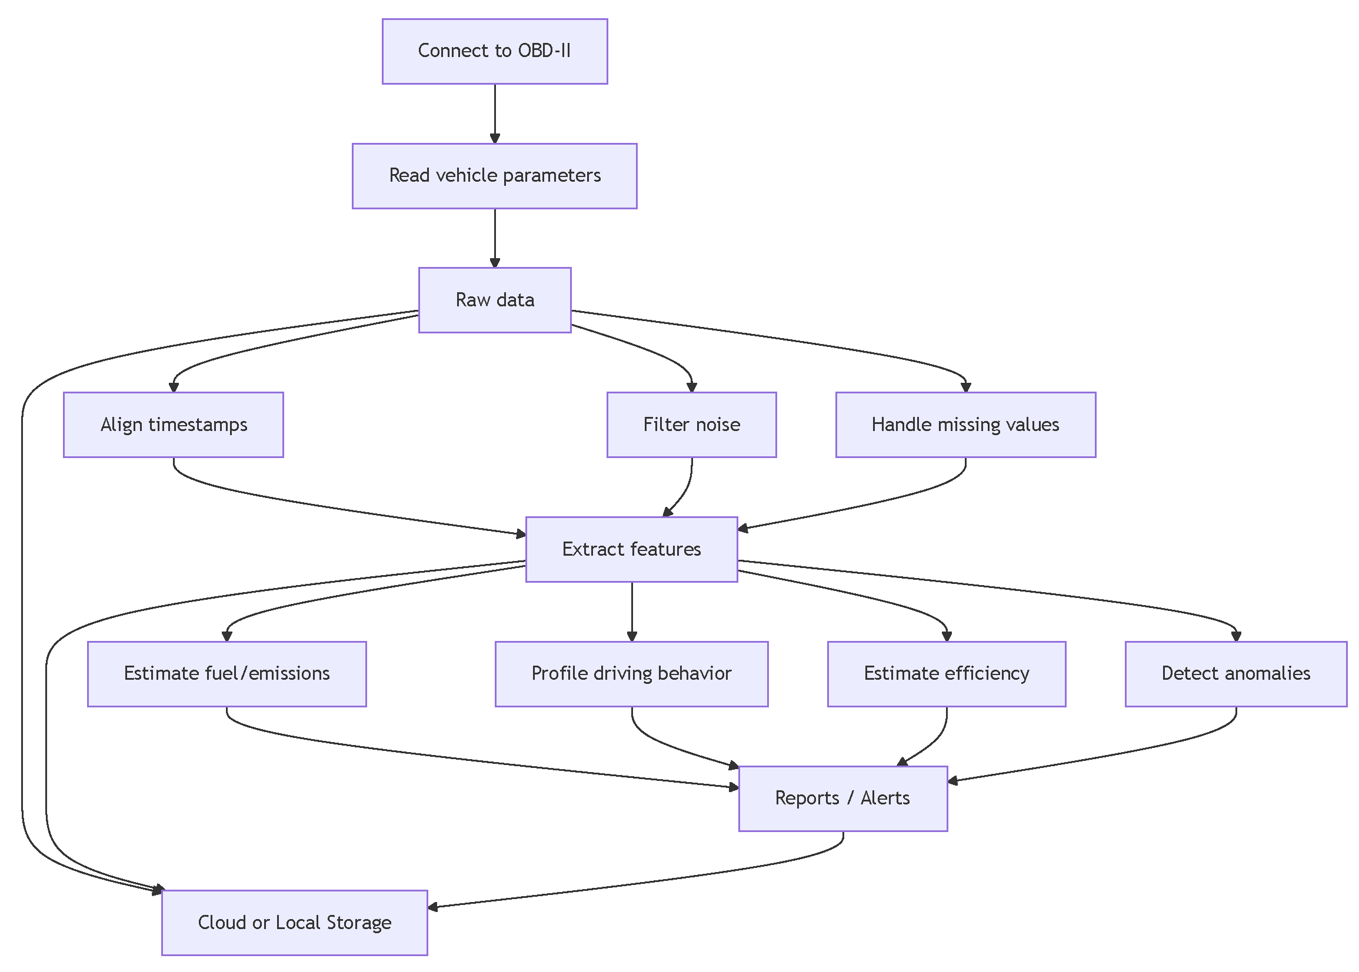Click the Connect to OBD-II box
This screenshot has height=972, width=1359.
495,51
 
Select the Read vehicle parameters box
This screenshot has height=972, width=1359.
495,175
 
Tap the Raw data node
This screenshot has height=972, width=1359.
495,300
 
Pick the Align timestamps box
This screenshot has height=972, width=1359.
173,425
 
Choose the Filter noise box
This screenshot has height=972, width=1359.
691,425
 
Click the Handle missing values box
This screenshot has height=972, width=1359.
965,425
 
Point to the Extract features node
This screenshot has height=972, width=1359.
631,549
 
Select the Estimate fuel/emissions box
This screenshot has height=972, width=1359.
227,673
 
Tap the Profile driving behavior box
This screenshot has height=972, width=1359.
631,673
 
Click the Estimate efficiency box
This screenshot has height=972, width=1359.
946,673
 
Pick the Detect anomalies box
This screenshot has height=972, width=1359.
1235,673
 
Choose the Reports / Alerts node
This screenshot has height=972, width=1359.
842,798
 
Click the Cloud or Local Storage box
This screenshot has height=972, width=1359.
295,923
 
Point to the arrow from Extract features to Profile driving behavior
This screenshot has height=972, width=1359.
631,610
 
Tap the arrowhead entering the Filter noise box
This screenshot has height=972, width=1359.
691,388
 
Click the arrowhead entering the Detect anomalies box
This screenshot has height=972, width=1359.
1235,636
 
